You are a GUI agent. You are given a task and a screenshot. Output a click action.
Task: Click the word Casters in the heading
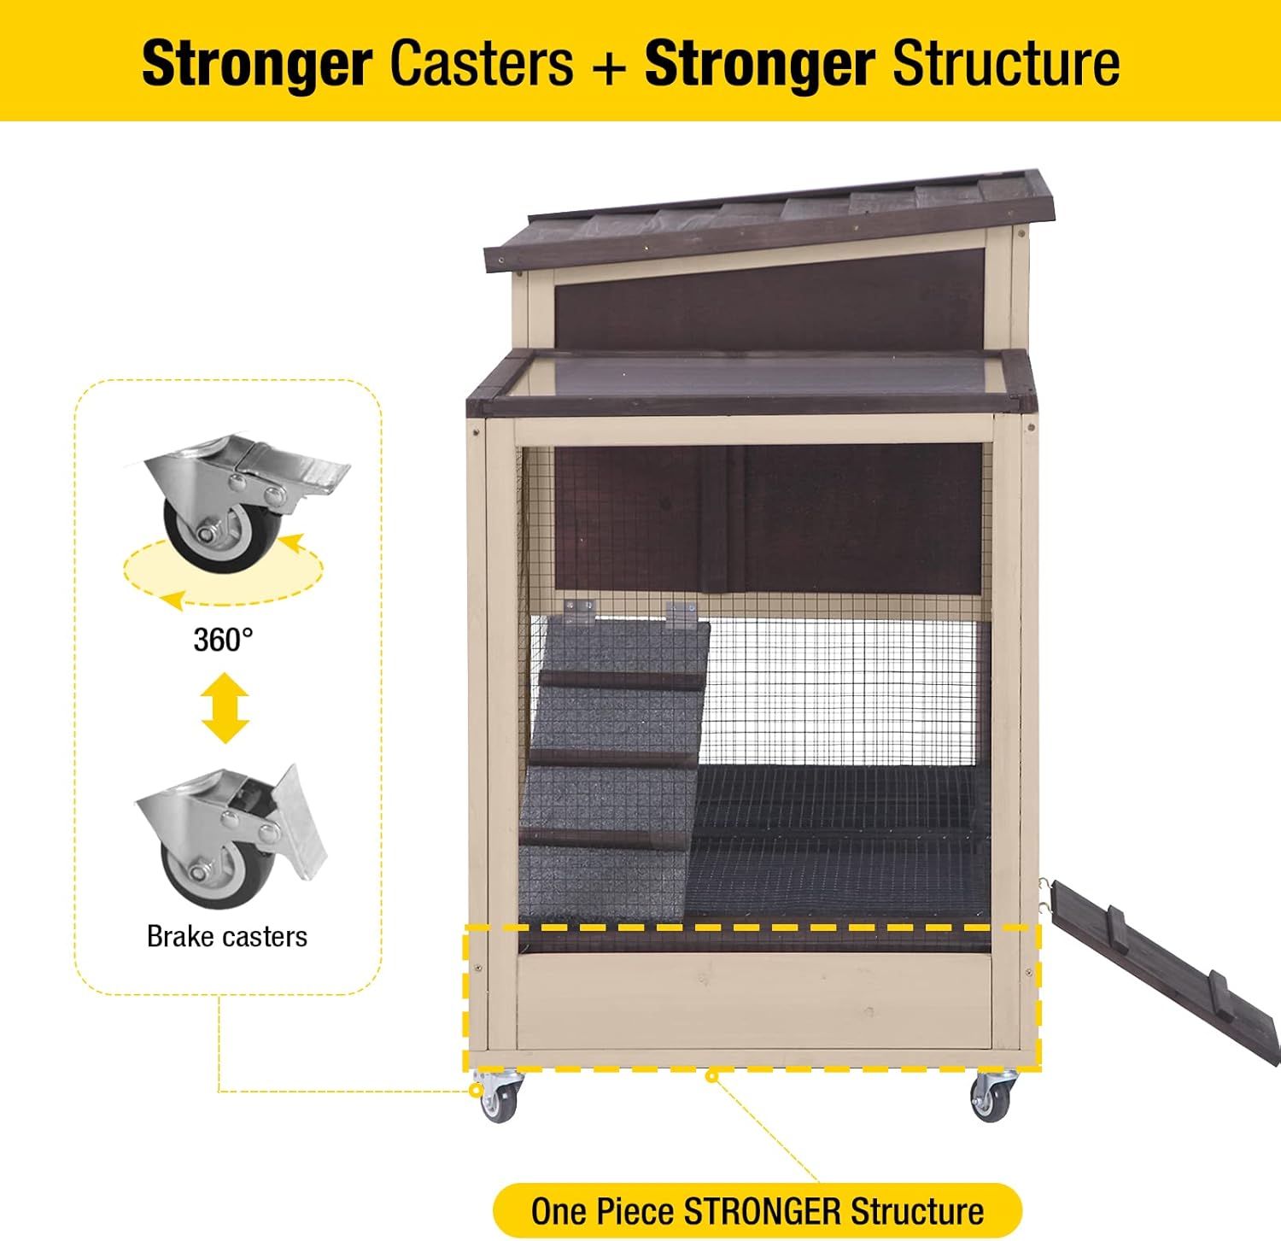click(x=481, y=63)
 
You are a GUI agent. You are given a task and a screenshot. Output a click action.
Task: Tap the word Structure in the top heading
click(x=1005, y=63)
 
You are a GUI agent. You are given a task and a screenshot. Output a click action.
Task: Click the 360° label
click(x=223, y=640)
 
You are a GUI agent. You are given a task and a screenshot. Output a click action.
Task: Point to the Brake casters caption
click(x=227, y=936)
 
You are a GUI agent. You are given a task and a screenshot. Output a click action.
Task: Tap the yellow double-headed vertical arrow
click(x=225, y=708)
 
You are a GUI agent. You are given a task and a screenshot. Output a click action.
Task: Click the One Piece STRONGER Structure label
click(x=757, y=1211)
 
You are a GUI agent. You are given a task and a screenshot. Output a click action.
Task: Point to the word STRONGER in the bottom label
click(x=763, y=1211)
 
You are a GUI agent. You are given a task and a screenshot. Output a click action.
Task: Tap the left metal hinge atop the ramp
click(x=581, y=612)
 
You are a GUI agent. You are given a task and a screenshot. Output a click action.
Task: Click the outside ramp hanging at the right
click(x=1167, y=969)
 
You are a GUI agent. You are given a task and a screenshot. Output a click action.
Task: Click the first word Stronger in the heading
click(x=256, y=63)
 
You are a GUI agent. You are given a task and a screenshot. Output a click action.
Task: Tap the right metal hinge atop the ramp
click(x=681, y=614)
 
